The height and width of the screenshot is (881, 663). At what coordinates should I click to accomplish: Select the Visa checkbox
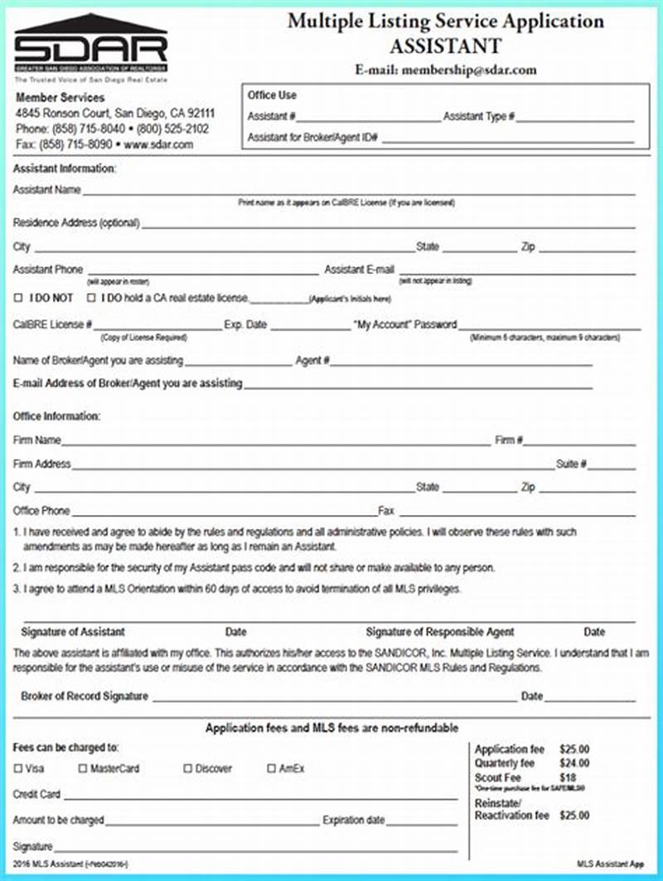[18, 768]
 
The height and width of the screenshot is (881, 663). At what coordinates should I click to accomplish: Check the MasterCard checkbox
[83, 768]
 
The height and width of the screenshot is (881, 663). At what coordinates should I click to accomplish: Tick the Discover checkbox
[187, 768]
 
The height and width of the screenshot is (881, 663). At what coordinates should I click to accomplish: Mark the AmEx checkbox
[271, 768]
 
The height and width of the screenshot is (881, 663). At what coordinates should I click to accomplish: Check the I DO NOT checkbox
[18, 297]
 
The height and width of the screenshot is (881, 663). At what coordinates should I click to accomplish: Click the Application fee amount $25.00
[574, 749]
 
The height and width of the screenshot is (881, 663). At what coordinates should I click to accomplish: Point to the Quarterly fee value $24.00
[574, 763]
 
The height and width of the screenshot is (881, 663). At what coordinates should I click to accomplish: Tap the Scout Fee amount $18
[568, 777]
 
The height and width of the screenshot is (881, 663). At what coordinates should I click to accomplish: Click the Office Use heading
[272, 95]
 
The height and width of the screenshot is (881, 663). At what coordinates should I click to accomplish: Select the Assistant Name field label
[46, 190]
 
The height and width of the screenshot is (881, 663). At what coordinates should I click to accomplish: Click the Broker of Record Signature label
[85, 696]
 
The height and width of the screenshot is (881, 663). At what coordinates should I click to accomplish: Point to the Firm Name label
[37, 440]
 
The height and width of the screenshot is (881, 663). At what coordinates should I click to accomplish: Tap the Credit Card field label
[36, 795]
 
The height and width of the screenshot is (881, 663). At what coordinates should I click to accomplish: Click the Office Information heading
[56, 416]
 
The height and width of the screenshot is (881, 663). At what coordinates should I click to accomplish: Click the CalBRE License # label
[52, 325]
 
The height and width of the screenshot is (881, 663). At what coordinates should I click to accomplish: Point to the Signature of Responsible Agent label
[440, 632]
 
